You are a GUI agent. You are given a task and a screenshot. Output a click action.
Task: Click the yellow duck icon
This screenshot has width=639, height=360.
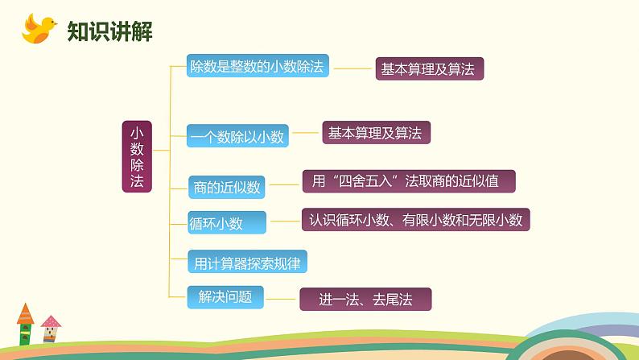point(39,30)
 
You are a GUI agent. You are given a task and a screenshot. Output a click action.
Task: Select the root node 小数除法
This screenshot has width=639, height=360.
point(137,156)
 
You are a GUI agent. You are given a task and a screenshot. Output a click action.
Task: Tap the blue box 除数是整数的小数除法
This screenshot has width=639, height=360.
point(256,67)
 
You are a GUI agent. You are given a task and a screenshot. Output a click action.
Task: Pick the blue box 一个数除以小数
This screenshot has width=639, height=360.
point(237,137)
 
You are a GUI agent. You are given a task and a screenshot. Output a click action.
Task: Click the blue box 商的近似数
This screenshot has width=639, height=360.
point(227,188)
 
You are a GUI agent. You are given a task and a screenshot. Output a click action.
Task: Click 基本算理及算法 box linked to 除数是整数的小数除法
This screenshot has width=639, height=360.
point(430,69)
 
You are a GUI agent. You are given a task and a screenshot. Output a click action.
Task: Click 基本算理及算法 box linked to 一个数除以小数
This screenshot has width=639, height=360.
point(376,133)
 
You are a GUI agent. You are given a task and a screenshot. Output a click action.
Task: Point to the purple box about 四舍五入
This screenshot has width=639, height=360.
point(408,181)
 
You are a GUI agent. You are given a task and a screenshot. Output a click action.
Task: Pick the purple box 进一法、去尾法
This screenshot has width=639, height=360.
point(365,300)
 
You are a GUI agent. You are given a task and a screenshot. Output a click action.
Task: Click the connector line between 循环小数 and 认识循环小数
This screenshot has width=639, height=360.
point(284,220)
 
